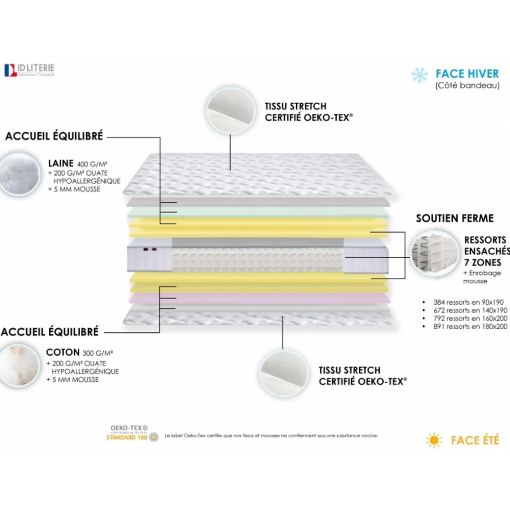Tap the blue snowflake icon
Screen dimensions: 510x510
pos(419,75)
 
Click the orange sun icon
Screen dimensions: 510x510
pos(434,440)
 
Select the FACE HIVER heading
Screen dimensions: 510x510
pos(467,74)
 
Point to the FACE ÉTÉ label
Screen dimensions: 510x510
pos(475,440)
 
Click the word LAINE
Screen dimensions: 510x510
pos(61,163)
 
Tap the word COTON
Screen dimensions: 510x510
pos(63,353)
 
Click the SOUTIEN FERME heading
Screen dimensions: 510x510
pos(455,218)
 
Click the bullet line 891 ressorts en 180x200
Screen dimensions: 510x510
pos(470,327)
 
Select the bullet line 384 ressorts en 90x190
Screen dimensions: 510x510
pos(468,302)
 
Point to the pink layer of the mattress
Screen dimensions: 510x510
pos(259,299)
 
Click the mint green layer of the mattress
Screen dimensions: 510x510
pos(259,212)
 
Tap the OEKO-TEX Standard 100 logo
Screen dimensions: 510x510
pos(131,433)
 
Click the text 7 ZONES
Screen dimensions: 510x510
pos(482,262)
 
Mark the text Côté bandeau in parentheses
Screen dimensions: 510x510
pos(467,86)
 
